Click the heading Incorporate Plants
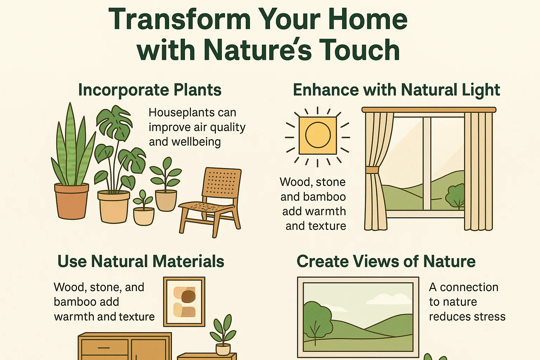150,90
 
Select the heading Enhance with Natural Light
396,90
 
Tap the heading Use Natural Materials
141,262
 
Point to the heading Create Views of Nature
386,262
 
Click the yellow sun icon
318,135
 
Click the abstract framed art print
184,302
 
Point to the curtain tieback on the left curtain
372,170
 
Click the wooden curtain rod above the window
429,110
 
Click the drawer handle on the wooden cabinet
104,348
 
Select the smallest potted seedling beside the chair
143,209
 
